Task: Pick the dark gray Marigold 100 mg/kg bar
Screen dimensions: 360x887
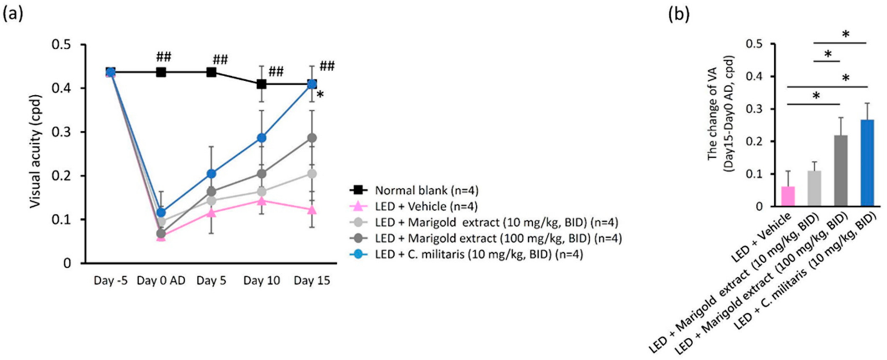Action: (x=841, y=171)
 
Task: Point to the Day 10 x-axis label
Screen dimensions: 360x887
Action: (x=262, y=281)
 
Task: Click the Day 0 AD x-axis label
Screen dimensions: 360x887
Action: (x=161, y=281)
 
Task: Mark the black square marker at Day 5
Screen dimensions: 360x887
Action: (x=211, y=72)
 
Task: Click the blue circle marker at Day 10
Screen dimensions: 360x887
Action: (x=262, y=138)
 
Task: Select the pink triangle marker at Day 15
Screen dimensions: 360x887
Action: (x=312, y=210)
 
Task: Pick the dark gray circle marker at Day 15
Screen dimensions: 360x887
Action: (x=312, y=138)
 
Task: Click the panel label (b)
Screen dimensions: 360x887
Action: (x=679, y=14)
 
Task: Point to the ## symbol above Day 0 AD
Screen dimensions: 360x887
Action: (x=163, y=57)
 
